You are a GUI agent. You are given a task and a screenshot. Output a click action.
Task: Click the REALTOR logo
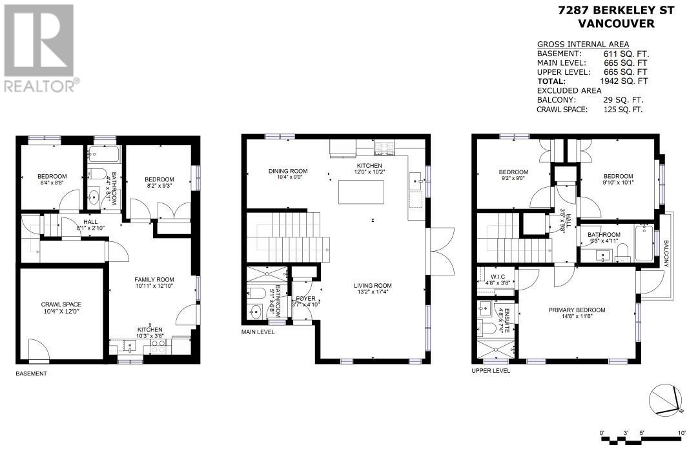tap(41, 48)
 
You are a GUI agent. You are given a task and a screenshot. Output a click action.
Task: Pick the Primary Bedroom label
tap(577, 310)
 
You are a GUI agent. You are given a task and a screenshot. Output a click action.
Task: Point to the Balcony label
tap(666, 254)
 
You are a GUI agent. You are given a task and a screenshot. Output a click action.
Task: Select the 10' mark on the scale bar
tap(682, 432)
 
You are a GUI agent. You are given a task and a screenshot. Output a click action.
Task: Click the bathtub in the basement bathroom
tap(103, 154)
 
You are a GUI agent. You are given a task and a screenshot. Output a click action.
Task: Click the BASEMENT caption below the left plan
tap(31, 374)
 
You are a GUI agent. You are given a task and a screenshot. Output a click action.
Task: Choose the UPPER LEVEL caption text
tap(491, 371)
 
